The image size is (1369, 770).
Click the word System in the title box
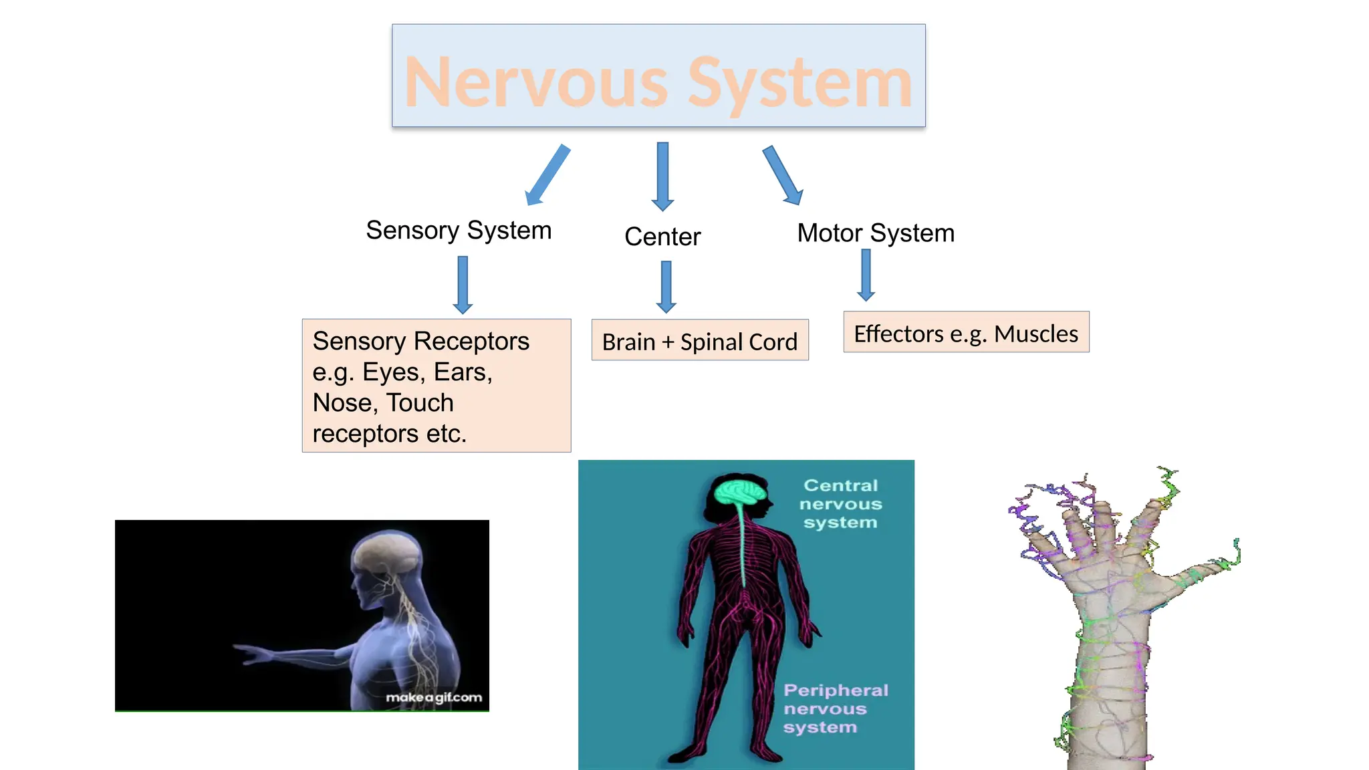(799, 83)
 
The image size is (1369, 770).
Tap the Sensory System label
(459, 231)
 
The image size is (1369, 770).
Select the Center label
(662, 237)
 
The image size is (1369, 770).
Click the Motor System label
(876, 233)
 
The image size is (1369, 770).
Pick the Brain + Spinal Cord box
(700, 341)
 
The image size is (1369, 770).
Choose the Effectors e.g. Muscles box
(966, 333)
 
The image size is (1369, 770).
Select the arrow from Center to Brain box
(666, 287)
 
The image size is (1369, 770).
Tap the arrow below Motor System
(866, 275)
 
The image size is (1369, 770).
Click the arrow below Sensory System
(463, 285)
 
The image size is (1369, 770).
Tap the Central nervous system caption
(840, 504)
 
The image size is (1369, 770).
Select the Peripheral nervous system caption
(834, 709)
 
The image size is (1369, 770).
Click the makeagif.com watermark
(433, 697)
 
